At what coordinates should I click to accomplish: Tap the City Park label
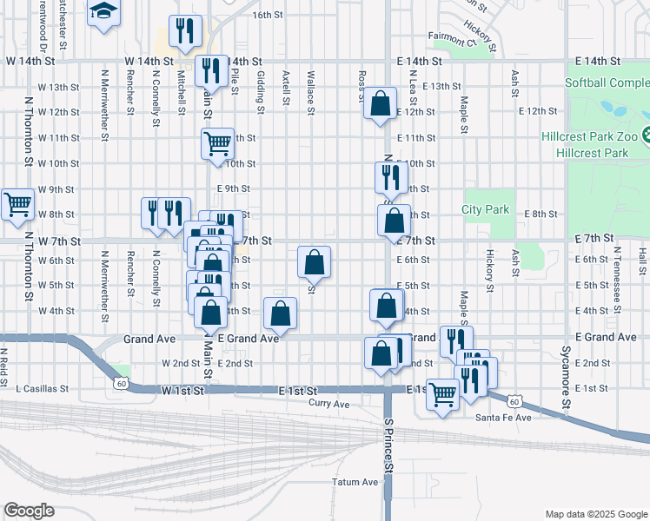(485, 209)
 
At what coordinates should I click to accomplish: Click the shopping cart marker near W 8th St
(17, 205)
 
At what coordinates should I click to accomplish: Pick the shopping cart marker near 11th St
(217, 143)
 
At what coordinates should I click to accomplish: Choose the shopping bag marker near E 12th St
(380, 103)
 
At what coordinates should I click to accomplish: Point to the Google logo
(29, 511)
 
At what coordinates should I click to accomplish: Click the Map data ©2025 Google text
(595, 513)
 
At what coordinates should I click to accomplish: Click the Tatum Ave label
(355, 482)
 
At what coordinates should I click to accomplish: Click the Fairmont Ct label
(453, 39)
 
